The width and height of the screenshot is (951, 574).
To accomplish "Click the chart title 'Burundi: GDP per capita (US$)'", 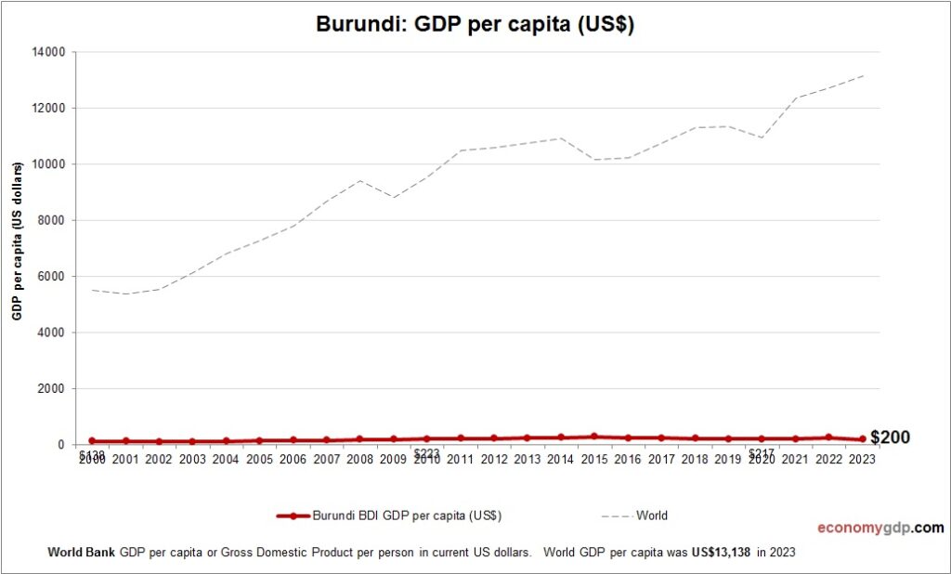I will (x=475, y=25).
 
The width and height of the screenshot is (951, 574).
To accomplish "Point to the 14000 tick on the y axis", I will (x=48, y=52).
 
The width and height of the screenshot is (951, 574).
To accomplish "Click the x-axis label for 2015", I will (x=594, y=459).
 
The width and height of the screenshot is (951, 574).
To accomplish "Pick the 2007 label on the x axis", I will (x=327, y=459).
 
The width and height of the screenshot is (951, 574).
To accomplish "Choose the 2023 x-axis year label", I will (x=862, y=459).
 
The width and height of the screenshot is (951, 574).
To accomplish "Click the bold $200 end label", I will (x=890, y=437).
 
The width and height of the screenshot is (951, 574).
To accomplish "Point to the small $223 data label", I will (x=426, y=453).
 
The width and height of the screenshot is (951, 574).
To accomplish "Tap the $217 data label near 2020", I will (x=761, y=453).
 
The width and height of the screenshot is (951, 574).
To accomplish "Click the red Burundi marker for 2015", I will (x=594, y=436).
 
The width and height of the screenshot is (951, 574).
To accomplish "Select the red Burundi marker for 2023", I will (x=862, y=439).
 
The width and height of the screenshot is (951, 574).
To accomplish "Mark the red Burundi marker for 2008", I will (x=360, y=438).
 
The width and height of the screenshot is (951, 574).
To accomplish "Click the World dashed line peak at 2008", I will (x=360, y=180).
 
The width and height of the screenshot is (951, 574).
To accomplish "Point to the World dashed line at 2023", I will (x=862, y=76).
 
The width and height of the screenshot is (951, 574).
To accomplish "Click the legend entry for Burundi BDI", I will (x=390, y=515).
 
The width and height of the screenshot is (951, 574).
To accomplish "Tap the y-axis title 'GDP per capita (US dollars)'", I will (x=17, y=241).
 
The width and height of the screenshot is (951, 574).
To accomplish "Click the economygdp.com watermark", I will (x=879, y=528).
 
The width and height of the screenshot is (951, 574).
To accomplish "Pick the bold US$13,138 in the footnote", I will (x=721, y=552).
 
